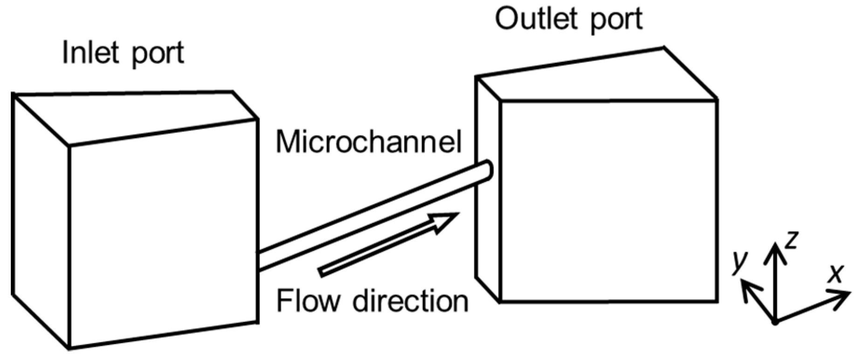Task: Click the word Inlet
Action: (x=91, y=52)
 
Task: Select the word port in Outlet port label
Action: (x=616, y=21)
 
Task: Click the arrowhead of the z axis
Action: (x=775, y=249)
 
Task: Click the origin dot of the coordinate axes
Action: (x=775, y=321)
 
